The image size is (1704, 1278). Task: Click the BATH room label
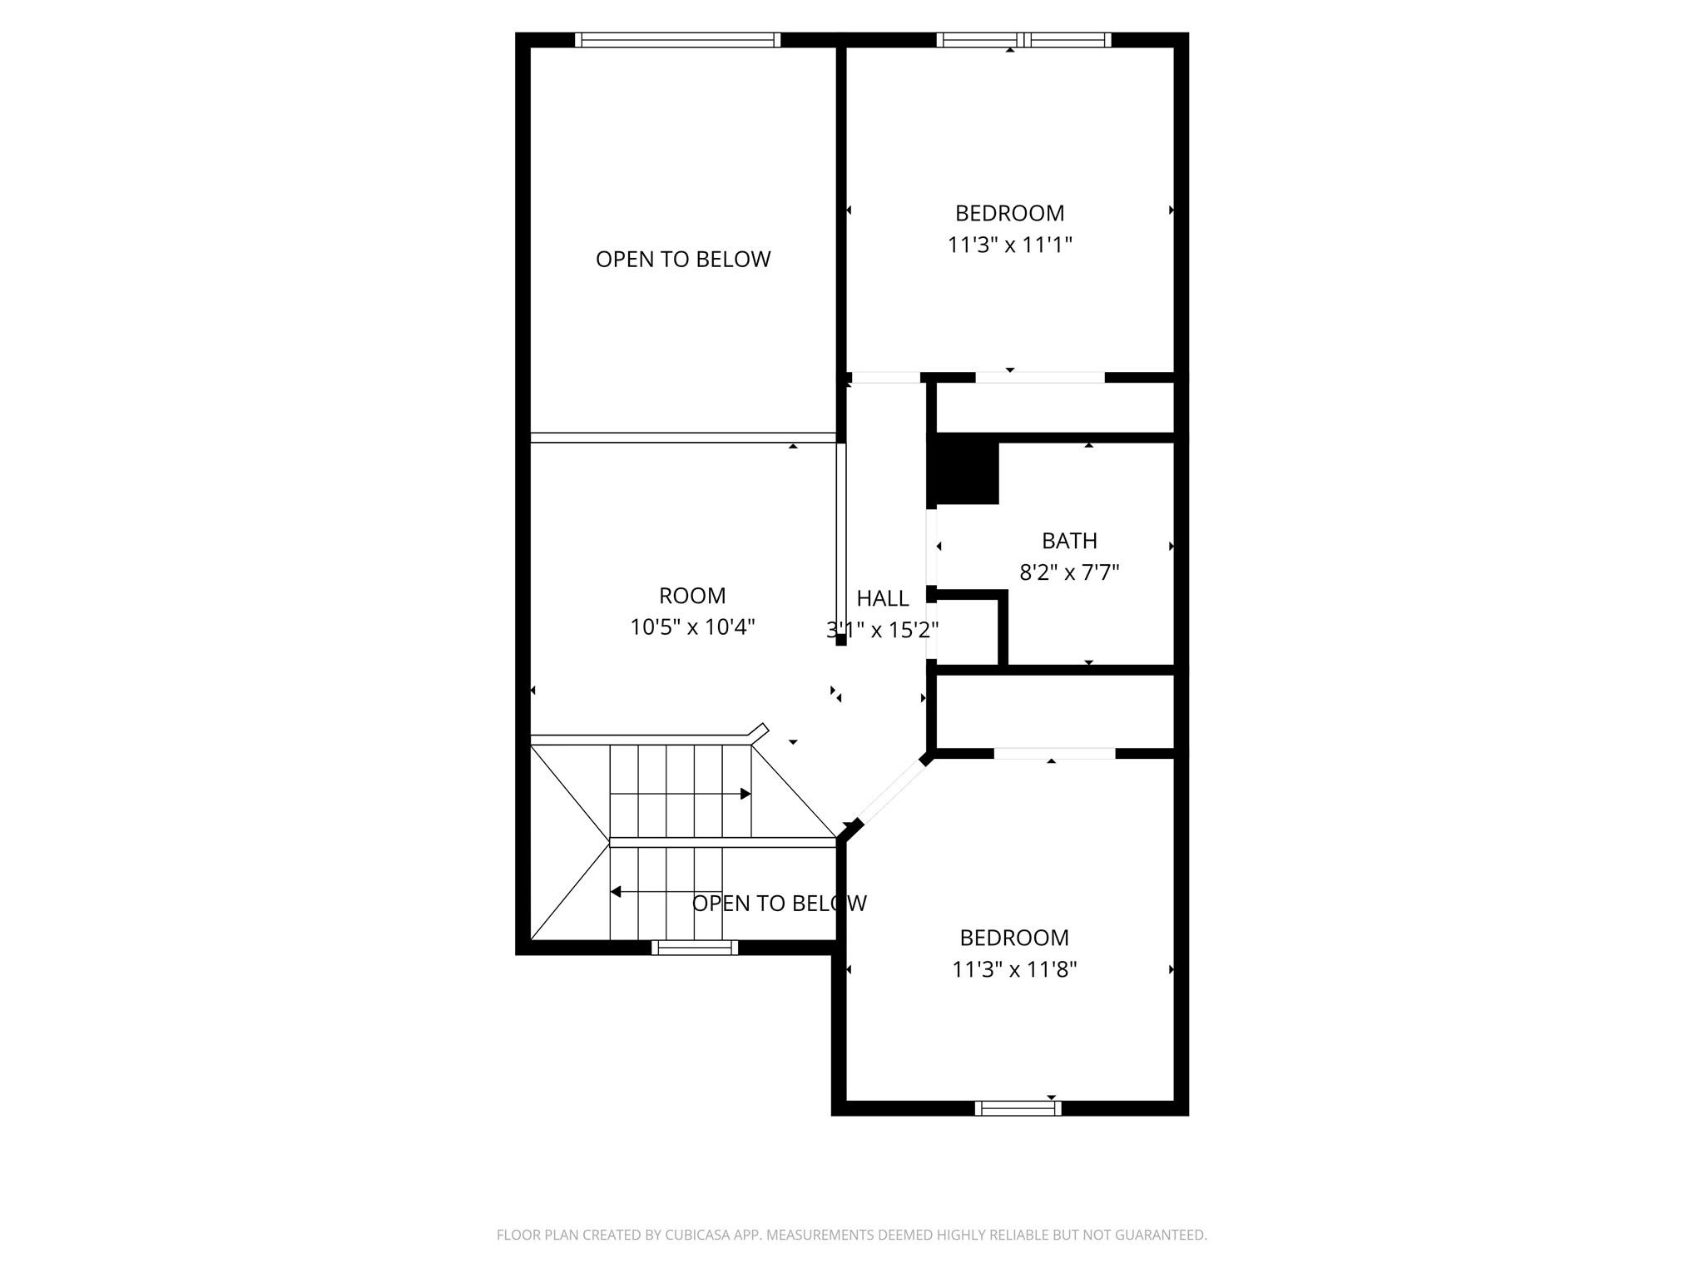pos(1069,541)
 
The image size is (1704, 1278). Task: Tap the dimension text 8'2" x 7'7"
pos(1069,572)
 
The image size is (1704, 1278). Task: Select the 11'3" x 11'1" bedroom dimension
pos(1009,245)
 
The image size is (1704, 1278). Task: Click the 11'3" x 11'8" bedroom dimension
pos(1014,969)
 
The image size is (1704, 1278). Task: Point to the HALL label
pos(883,598)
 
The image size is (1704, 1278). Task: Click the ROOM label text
pos(692,596)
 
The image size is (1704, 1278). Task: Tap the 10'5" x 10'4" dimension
pos(692,627)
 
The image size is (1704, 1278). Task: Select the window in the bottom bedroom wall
pos(1018,1107)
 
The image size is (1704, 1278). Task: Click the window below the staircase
pos(695,947)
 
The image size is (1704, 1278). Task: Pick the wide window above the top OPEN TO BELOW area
pos(677,40)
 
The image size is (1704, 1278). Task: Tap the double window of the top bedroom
pos(1023,40)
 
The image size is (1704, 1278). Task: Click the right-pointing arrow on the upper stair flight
pos(745,794)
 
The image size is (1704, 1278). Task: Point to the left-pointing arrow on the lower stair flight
pos(616,892)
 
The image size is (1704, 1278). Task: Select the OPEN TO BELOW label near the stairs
pos(779,904)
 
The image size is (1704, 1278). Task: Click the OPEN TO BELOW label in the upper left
pos(683,260)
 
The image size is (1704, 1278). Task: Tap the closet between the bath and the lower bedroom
pos(1054,712)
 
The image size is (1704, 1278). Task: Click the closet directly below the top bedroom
pos(1054,408)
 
